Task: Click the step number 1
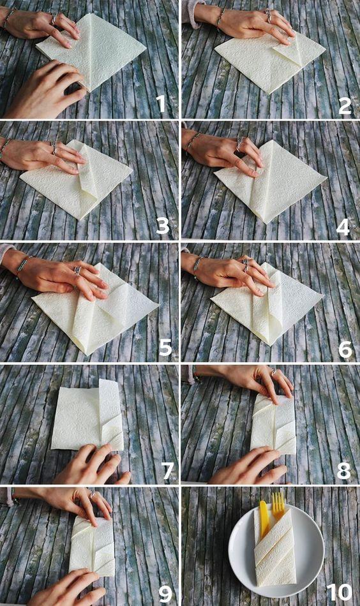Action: [160, 103]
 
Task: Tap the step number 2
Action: [345, 105]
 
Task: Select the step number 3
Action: [162, 226]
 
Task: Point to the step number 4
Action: [343, 227]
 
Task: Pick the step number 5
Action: [165, 348]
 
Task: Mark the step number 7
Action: [168, 471]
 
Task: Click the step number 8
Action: [344, 471]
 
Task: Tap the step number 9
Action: [165, 594]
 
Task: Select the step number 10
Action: [340, 592]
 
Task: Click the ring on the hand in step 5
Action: [77, 270]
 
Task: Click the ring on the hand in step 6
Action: [245, 265]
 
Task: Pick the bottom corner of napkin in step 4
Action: [266, 223]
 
